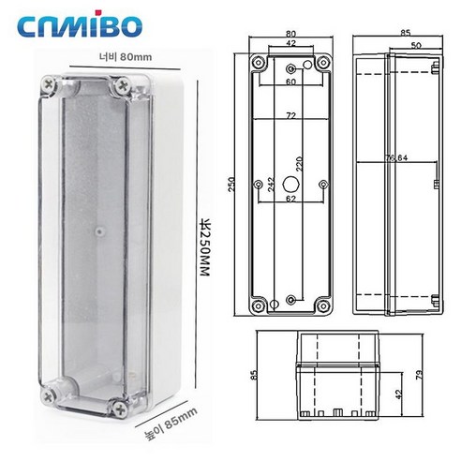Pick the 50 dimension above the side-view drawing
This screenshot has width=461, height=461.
414,44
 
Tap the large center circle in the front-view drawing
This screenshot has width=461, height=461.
289,182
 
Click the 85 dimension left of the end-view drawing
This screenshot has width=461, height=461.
255,376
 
